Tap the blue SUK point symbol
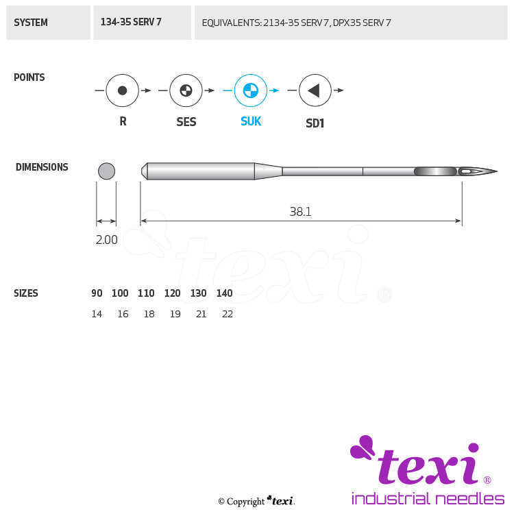pyautogui.click(x=250, y=90)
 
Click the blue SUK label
pyautogui.click(x=251, y=121)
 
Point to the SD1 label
pyautogui.click(x=315, y=123)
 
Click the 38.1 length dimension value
pyautogui.click(x=300, y=212)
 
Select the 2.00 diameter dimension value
pyautogui.click(x=106, y=240)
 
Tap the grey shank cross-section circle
pyautogui.click(x=106, y=171)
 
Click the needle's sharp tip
pyautogui.click(x=497, y=171)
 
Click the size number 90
pyautogui.click(x=97, y=293)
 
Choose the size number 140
pyautogui.click(x=225, y=293)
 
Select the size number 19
pyautogui.click(x=175, y=314)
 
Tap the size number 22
pyautogui.click(x=228, y=314)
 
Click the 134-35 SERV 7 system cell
pyautogui.click(x=143, y=23)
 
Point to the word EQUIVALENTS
pyautogui.click(x=232, y=23)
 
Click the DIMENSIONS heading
pyautogui.click(x=42, y=167)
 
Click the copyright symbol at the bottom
pyautogui.click(x=221, y=502)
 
